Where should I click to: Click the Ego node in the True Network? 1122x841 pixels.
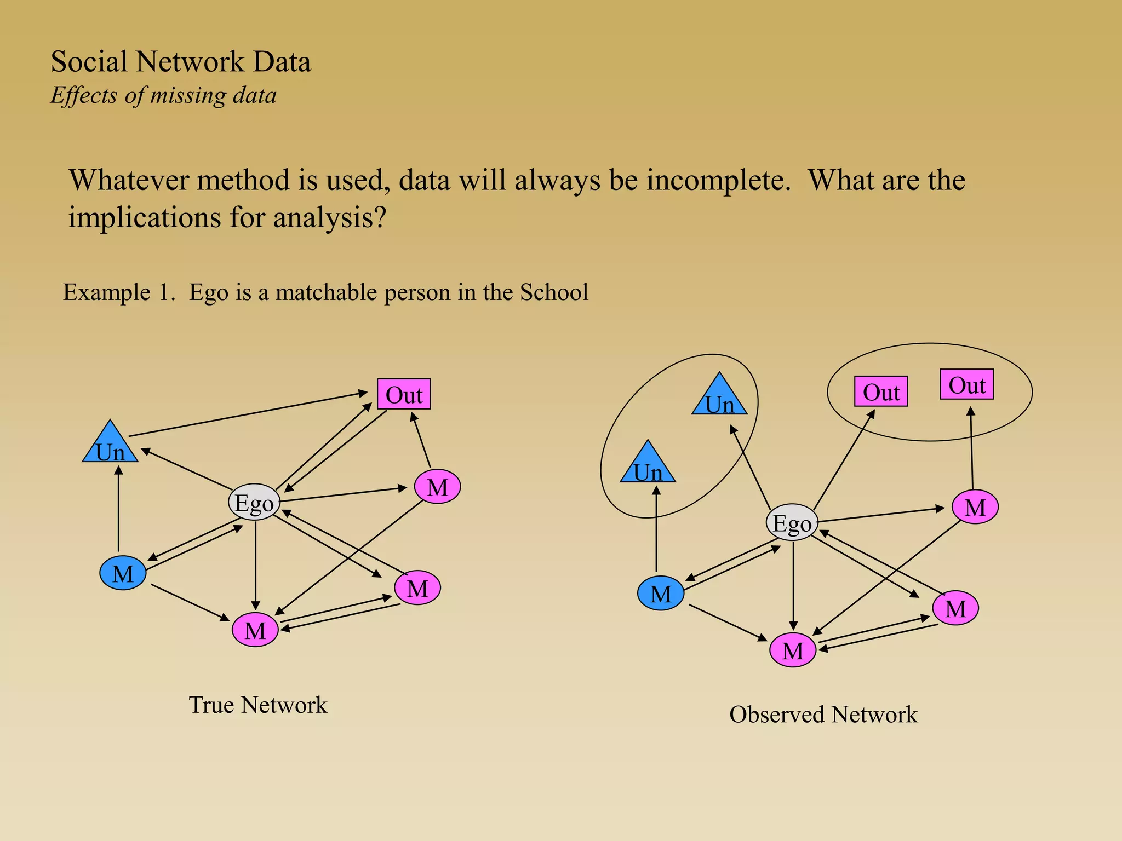(x=254, y=502)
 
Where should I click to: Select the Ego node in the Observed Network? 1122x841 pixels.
(x=792, y=522)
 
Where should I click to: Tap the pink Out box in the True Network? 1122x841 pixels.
(x=404, y=394)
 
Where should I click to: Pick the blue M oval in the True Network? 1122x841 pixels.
(x=123, y=573)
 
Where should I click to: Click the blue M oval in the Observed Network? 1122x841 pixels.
(x=661, y=594)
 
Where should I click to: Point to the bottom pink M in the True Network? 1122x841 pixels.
(x=255, y=630)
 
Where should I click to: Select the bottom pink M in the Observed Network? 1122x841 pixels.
(x=793, y=650)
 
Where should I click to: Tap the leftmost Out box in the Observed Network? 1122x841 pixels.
(x=881, y=391)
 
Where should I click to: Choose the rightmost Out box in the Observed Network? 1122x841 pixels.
(x=967, y=384)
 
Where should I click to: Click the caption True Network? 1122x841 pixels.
(x=258, y=705)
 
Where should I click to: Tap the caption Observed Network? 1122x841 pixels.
(x=823, y=715)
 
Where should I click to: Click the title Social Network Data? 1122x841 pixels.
(x=181, y=61)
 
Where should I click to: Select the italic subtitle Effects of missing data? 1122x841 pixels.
(x=163, y=96)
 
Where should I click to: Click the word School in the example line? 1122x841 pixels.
(x=554, y=292)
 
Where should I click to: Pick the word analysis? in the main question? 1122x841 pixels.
(x=330, y=218)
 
